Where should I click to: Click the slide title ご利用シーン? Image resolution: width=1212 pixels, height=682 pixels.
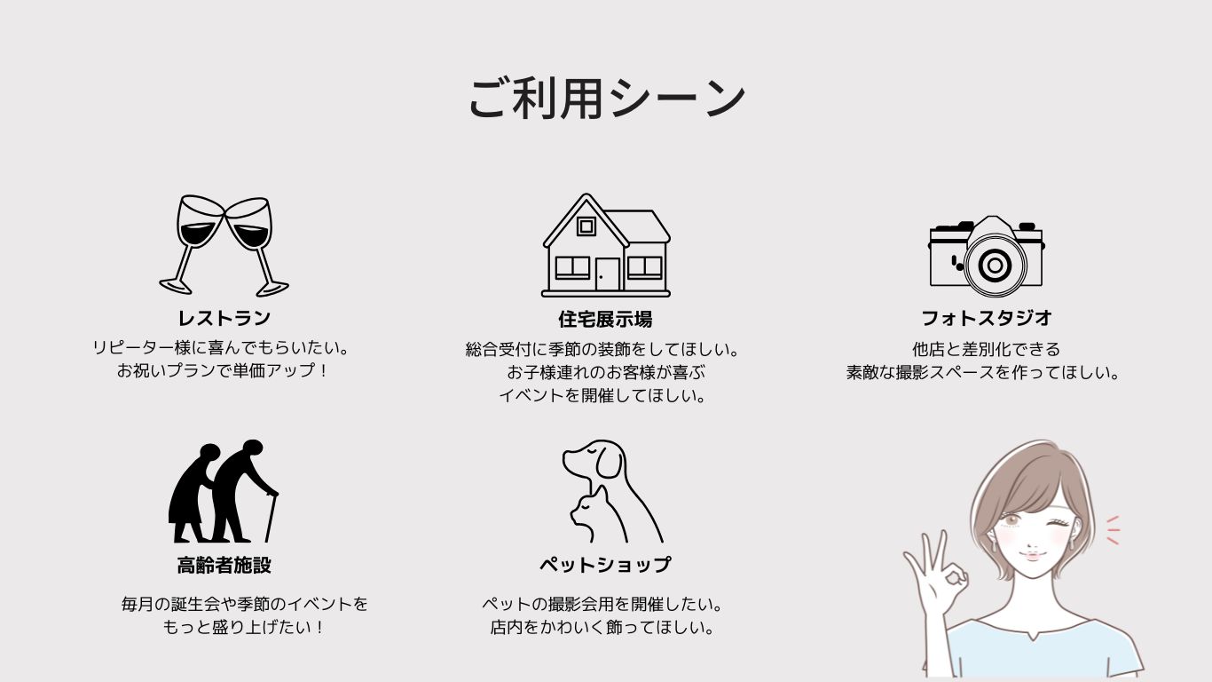point(607,98)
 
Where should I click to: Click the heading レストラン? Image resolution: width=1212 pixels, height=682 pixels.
point(224,318)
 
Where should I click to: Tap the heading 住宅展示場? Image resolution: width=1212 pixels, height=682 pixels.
point(605,319)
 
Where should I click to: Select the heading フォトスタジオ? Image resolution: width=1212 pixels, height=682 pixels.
point(987,318)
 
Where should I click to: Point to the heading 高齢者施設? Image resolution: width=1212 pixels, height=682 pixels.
point(224,565)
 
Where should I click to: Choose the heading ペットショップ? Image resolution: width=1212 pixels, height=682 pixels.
point(605,565)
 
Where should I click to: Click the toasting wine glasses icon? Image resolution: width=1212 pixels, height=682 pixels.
point(224,245)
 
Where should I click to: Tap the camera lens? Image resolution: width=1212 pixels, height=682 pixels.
point(995,265)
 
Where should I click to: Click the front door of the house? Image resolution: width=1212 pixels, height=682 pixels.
point(608,274)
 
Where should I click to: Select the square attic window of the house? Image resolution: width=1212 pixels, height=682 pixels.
point(586,226)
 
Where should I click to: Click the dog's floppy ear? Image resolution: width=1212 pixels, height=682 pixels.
point(610,461)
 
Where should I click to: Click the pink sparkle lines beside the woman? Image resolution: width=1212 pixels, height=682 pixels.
point(1113,530)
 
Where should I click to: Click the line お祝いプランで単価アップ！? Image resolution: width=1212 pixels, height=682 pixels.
point(223,371)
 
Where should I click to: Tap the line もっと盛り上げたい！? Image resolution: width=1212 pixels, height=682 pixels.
point(243,627)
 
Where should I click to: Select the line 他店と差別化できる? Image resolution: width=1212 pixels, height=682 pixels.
point(986,349)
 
